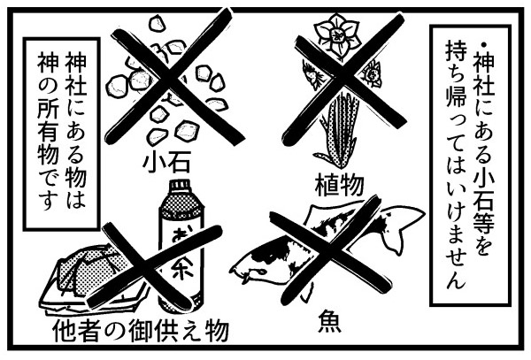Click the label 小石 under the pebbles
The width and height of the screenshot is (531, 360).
[166, 162]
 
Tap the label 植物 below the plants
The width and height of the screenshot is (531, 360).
[339, 185]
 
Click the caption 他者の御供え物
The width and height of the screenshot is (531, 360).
[141, 331]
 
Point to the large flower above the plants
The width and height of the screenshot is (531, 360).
[336, 34]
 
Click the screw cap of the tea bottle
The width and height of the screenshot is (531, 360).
[181, 188]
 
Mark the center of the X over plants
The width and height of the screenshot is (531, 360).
[346, 80]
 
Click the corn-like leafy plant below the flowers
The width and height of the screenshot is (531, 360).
[339, 130]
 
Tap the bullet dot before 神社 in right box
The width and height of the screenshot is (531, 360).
[483, 44]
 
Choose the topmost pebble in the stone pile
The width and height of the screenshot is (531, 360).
[157, 24]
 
